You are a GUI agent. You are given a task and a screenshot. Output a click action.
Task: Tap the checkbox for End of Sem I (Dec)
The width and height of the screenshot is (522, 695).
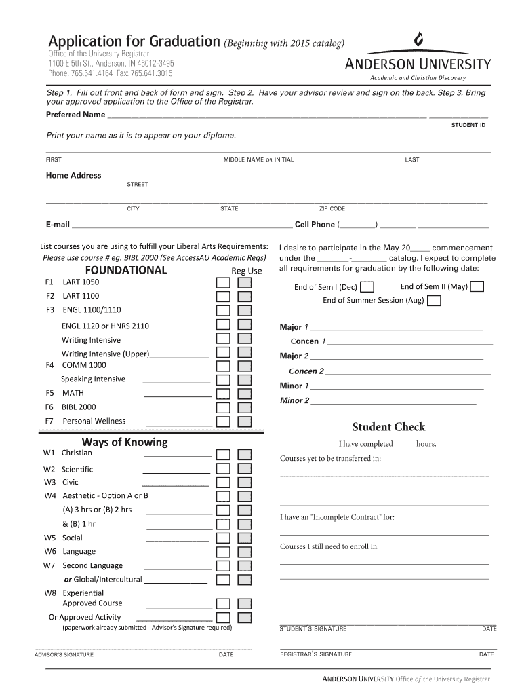367,287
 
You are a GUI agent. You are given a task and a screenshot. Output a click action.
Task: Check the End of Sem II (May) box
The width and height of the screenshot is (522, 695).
477,286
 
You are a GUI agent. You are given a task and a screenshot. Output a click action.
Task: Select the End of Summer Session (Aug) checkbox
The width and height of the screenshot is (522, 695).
435,300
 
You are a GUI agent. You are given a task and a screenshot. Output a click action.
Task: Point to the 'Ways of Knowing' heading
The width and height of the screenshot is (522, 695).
125,442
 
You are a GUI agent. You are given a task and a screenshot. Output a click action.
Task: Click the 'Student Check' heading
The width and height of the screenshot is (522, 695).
388,427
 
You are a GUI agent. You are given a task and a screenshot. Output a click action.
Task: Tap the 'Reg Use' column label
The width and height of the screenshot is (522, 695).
247,271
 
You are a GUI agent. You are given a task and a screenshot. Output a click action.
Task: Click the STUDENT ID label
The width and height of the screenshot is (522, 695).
468,125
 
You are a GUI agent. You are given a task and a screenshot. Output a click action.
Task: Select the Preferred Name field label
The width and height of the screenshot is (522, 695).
75,114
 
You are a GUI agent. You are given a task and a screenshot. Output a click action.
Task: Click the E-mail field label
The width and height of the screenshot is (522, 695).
58,225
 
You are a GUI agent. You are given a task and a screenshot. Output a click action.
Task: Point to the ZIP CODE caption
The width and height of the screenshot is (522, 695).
332,209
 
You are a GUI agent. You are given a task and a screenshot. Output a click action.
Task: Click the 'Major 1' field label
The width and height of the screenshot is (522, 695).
294,327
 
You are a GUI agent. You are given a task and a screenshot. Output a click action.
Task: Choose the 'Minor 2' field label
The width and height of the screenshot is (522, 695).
294,400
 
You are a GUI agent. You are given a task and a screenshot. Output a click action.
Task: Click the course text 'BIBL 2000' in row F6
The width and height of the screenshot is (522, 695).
79,407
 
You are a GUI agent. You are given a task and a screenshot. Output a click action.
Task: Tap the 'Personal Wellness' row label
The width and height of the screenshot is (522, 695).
94,421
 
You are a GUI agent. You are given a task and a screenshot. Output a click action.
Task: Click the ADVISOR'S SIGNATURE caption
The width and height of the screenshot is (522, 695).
64,654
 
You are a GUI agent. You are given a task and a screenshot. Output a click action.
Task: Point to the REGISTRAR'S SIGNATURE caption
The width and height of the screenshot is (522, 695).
316,654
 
